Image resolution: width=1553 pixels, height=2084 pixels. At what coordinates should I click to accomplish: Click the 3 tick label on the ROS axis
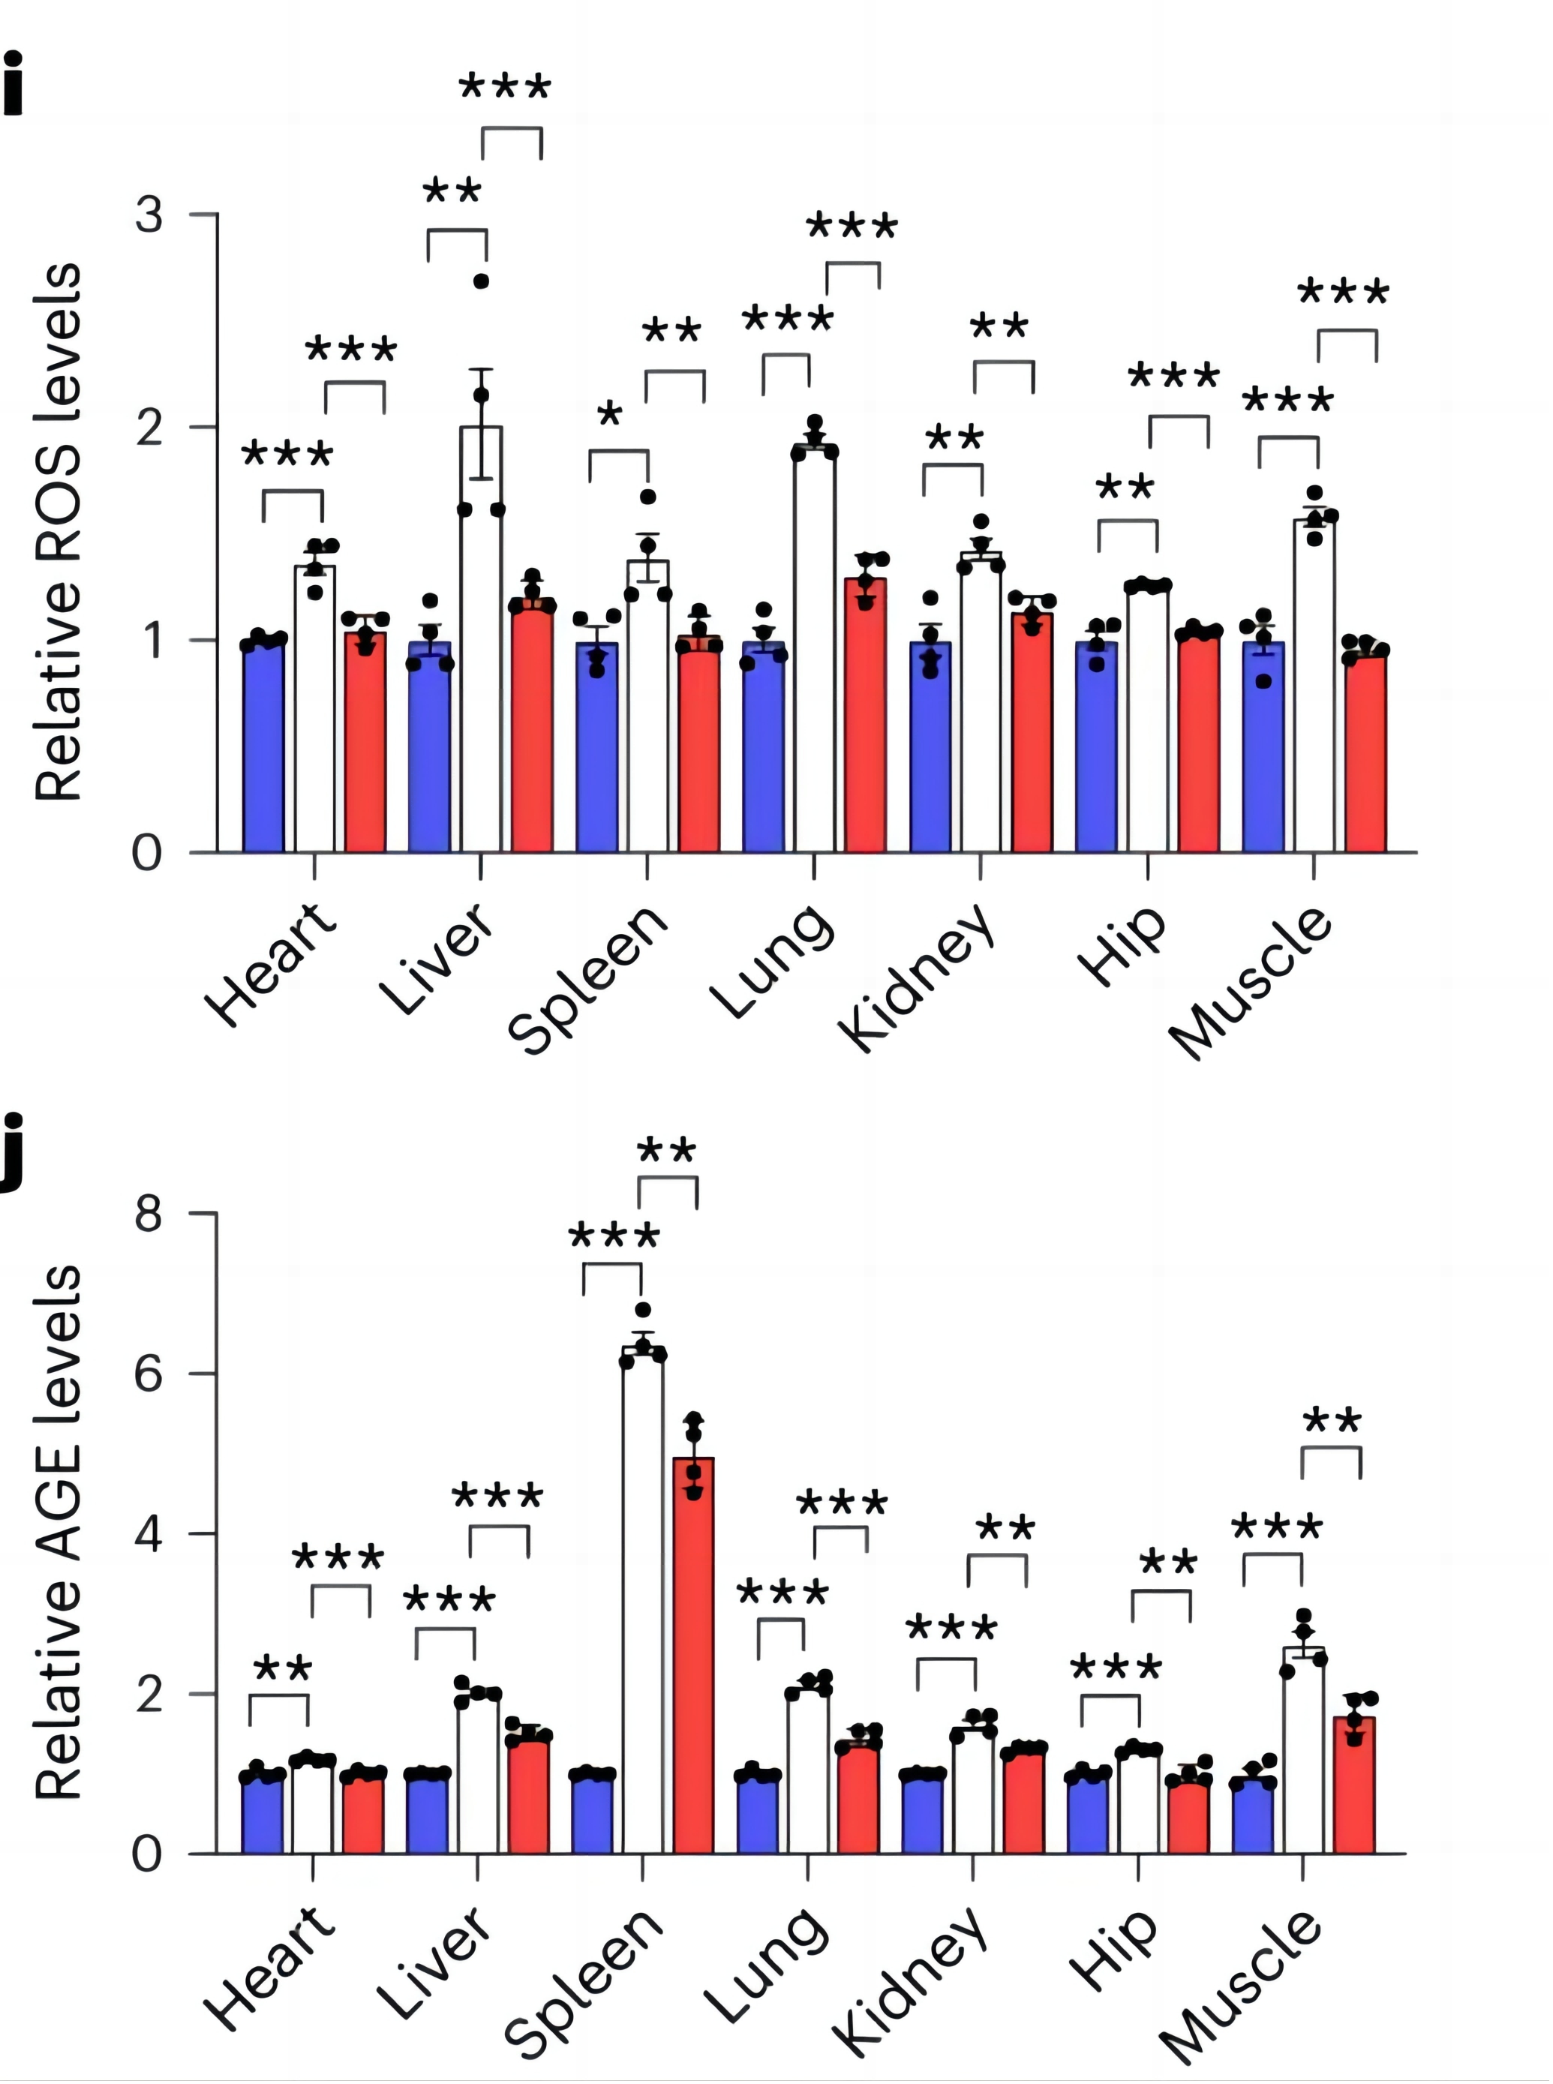[149, 215]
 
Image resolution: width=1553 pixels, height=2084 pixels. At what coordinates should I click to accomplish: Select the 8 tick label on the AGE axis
[149, 1214]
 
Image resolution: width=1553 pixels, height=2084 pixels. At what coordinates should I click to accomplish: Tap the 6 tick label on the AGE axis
[149, 1374]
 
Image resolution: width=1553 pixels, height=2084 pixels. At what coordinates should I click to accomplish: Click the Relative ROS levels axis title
[59, 532]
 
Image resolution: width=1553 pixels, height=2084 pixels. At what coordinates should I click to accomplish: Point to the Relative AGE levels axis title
[59, 1532]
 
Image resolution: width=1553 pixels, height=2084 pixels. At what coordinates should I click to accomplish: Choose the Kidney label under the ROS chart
[917, 977]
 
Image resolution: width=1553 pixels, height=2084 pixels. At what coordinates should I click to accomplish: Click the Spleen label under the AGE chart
[584, 1979]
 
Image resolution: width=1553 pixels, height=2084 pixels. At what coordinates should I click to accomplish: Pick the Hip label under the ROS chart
[1123, 947]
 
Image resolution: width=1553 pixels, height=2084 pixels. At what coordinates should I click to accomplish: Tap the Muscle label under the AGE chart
[1241, 1983]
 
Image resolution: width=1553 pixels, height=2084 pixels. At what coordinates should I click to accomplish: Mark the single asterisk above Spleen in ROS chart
[610, 413]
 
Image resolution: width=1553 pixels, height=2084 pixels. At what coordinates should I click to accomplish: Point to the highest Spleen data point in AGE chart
[643, 1309]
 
